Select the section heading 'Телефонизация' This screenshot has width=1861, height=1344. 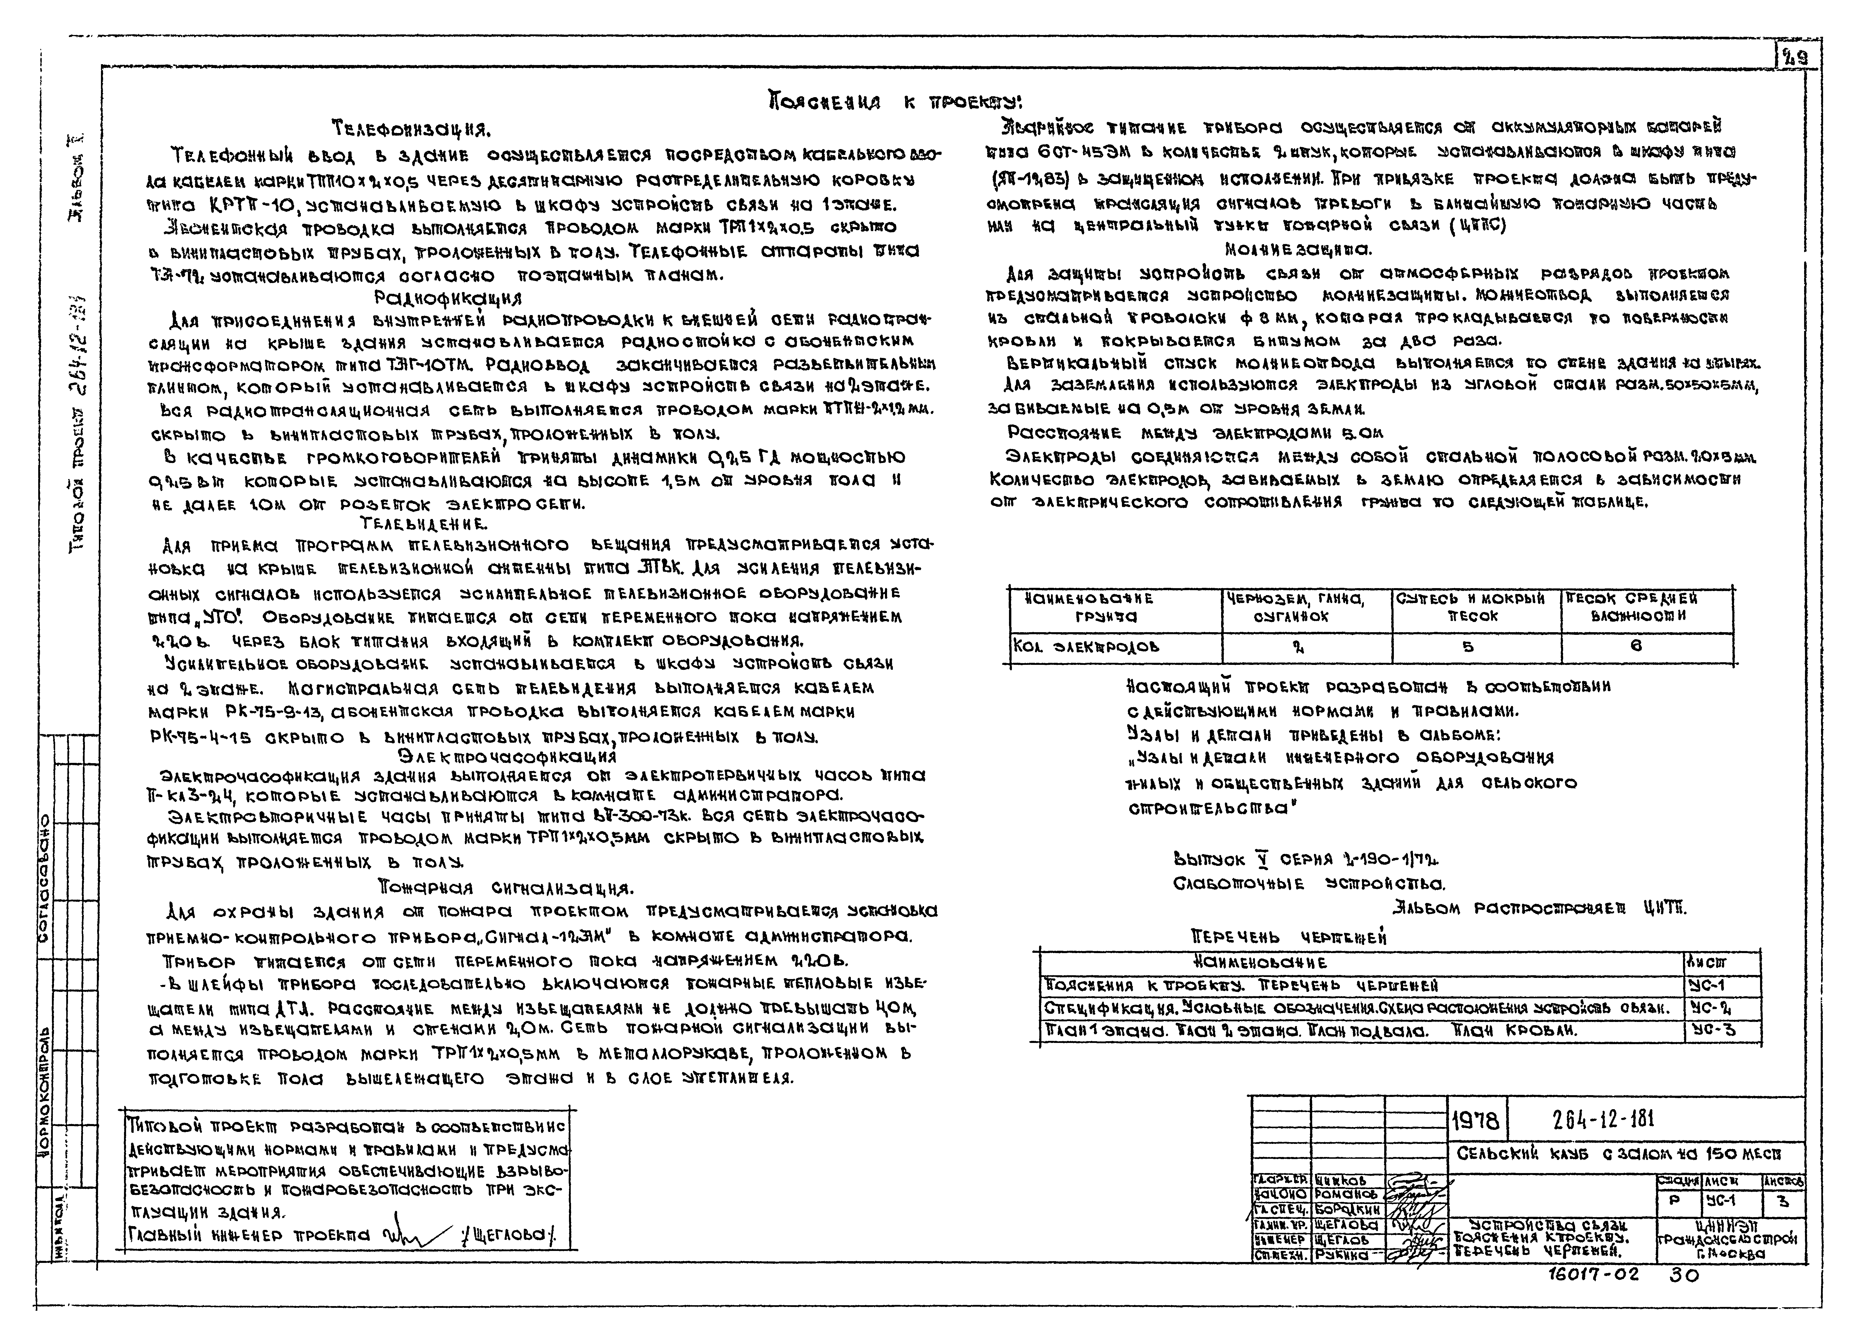[x=410, y=130]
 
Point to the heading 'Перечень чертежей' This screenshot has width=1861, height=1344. [x=1288, y=937]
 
